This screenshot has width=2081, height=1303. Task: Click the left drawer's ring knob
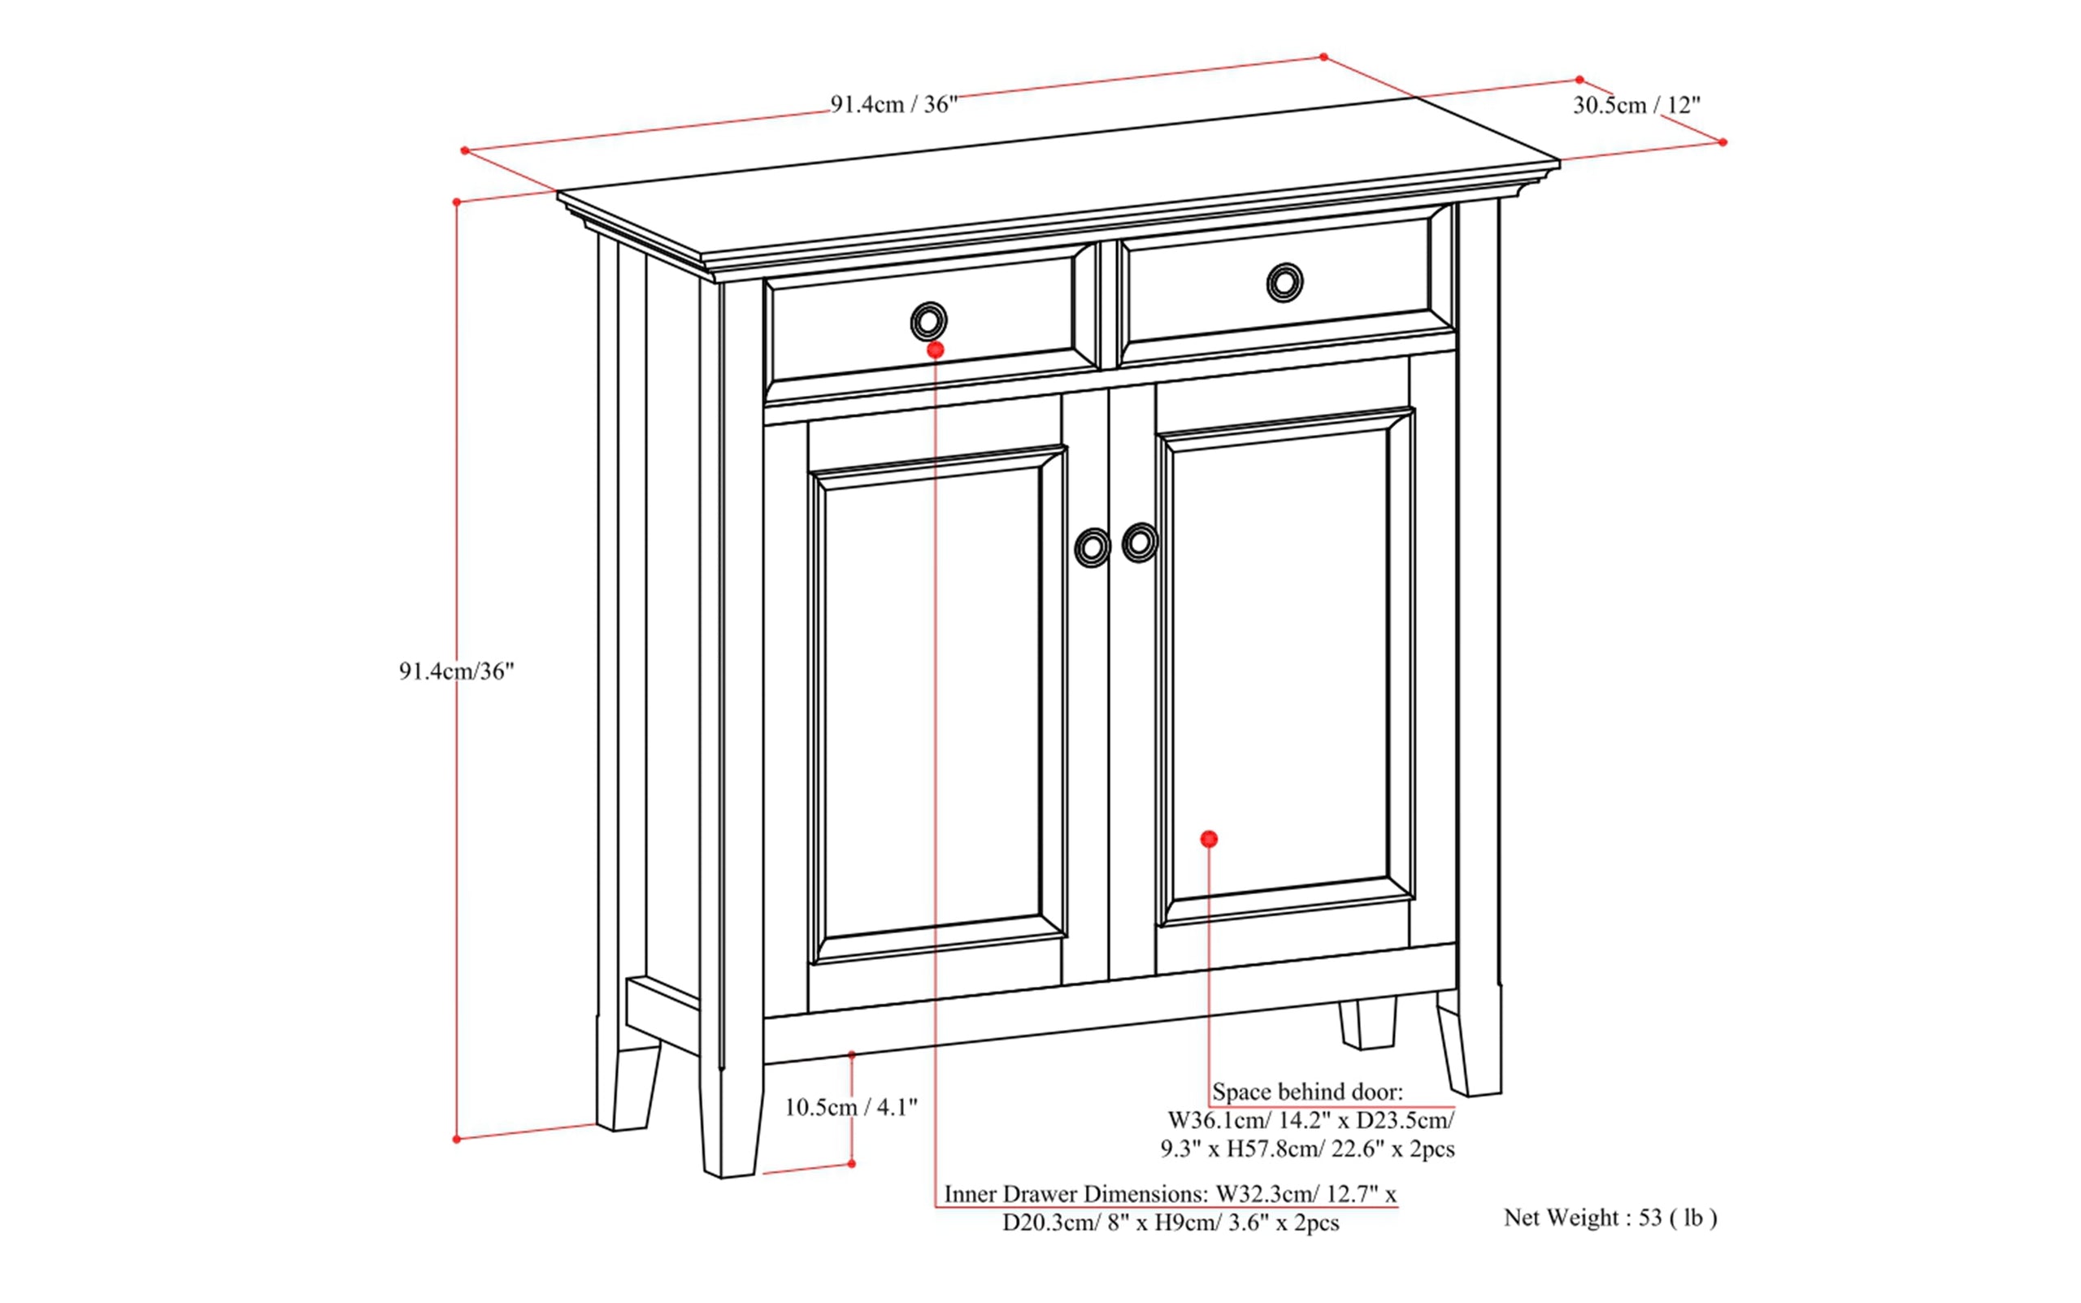point(928,323)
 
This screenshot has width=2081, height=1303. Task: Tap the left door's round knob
point(1093,547)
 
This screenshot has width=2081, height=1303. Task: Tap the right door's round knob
point(1140,542)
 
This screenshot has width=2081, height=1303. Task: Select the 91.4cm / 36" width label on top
point(893,105)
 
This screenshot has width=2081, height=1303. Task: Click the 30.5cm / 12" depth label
point(1636,105)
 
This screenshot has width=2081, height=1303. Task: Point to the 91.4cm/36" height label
point(456,671)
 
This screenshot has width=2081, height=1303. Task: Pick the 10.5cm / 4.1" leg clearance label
point(850,1107)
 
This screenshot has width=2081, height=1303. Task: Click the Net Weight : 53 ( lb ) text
point(1610,1218)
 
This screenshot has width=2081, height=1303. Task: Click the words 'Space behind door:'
point(1307,1092)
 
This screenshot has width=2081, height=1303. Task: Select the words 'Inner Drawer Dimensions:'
point(1076,1193)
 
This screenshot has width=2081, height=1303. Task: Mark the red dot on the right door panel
point(1209,839)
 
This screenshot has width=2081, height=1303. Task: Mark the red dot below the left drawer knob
point(936,350)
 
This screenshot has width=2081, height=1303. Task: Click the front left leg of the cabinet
point(731,1120)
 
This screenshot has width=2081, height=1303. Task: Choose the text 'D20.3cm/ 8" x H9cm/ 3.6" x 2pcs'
point(1171,1223)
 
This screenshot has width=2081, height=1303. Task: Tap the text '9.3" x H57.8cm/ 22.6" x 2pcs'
point(1307,1149)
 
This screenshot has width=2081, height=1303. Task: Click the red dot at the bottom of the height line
point(457,1140)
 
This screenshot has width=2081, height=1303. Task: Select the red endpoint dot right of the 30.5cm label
point(1723,142)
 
